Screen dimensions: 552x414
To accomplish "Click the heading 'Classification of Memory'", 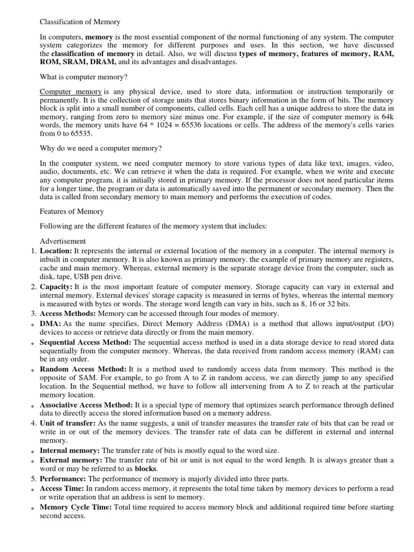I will (80, 22).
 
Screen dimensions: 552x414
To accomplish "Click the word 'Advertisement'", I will (63, 240).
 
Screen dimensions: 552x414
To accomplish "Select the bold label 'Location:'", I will (56, 251).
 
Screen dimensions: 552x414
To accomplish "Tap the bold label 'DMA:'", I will (51, 323).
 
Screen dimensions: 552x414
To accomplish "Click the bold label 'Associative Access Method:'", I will (86, 404).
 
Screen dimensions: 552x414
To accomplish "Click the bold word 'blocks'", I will (146, 469).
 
